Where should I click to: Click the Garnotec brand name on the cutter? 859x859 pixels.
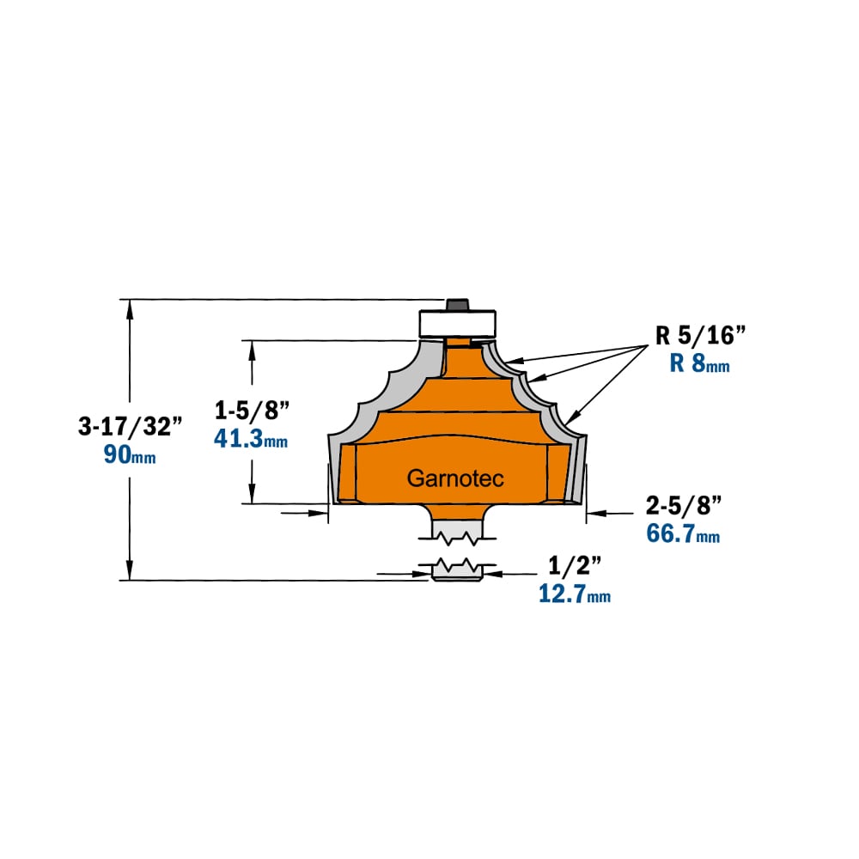point(455,478)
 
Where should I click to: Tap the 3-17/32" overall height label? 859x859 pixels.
point(130,426)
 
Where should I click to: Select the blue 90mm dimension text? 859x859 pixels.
point(130,454)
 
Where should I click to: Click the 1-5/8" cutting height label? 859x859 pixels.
point(252,411)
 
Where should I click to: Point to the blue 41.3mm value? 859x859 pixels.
point(251,439)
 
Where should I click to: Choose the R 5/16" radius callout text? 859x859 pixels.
point(701,336)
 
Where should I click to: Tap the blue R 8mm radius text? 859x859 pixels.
point(699,363)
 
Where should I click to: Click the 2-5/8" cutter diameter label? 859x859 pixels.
point(683,506)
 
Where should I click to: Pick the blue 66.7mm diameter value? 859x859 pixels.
point(683,533)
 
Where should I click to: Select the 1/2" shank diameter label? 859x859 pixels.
point(575,566)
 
